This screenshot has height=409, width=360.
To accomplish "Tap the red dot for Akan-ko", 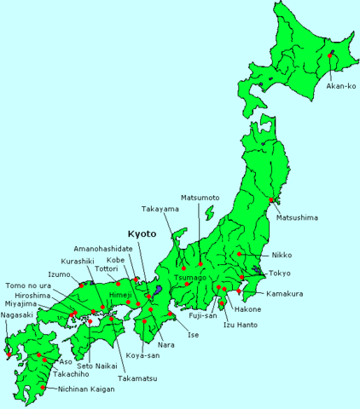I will click(x=330, y=55).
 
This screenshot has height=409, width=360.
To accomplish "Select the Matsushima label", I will click(x=297, y=218).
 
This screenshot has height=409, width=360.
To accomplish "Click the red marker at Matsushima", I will click(x=271, y=200).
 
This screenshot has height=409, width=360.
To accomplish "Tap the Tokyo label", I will click(x=280, y=274).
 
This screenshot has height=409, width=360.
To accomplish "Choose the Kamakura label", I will click(x=285, y=294).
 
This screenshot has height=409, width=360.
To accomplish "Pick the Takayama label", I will click(x=160, y=209).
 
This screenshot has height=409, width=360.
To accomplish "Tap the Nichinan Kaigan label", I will click(x=88, y=389).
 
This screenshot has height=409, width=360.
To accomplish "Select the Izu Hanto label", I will click(x=242, y=325).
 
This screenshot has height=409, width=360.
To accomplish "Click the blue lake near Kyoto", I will click(x=159, y=291).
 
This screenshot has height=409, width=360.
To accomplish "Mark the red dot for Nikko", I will click(x=241, y=254).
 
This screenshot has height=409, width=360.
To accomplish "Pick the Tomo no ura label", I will click(x=28, y=285).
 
